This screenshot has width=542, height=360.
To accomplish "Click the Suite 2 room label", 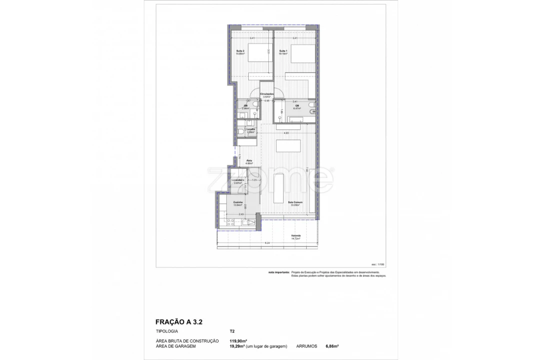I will [x=240, y=51].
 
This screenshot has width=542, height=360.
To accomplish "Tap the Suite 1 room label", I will [x=283, y=51].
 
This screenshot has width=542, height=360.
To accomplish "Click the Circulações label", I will [x=267, y=94].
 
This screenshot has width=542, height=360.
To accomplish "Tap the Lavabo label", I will [x=250, y=130].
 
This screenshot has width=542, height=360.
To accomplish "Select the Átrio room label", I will [x=249, y=161].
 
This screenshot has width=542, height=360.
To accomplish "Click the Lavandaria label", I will [x=237, y=181].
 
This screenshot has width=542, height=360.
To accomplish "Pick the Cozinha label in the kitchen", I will [x=237, y=203].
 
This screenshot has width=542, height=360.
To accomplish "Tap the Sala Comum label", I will [x=295, y=203].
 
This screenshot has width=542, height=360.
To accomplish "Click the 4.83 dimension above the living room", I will [x=286, y=133].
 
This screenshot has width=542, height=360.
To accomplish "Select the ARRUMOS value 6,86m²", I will [x=332, y=345].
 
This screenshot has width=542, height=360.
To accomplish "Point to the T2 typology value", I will [x=232, y=331].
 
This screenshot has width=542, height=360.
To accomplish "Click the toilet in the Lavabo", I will [x=241, y=131].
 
